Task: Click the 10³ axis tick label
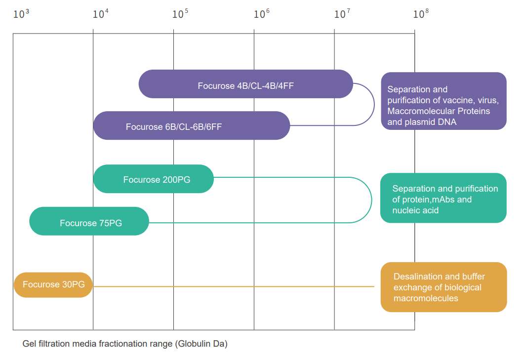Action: [x=21, y=14]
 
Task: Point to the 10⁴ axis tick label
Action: [x=101, y=14]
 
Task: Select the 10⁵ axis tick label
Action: [x=180, y=14]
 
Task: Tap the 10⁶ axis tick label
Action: [x=262, y=14]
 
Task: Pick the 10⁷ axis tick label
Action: [x=342, y=14]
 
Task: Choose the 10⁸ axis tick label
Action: [x=421, y=14]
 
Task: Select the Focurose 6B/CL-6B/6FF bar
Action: [x=192, y=125]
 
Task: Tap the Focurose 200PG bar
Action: [x=154, y=179]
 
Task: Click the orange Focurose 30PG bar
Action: [x=53, y=285]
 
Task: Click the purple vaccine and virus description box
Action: [x=444, y=101]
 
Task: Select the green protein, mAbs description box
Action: [x=443, y=198]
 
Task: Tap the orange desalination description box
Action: [x=444, y=287]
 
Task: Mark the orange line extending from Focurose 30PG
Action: [x=232, y=286]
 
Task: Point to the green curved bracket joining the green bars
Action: [x=371, y=200]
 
